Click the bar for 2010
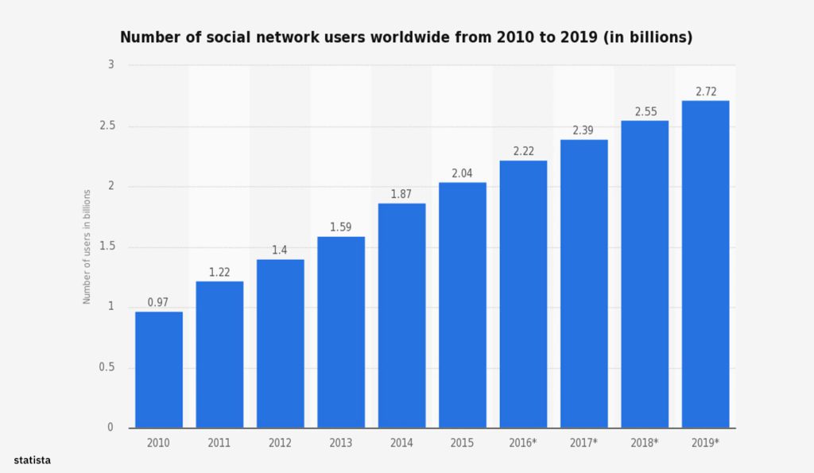159,370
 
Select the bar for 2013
341,332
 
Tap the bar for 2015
463,305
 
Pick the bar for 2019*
705,264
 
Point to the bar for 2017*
583,284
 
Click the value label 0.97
159,303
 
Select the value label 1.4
280,250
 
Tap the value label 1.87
401,194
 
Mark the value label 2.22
523,151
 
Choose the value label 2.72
705,91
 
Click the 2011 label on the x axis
219,441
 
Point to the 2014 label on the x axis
401,441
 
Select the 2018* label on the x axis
645,441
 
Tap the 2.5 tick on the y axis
107,126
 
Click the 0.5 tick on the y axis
107,367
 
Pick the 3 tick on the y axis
111,65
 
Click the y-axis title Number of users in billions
87,246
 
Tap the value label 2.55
645,111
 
